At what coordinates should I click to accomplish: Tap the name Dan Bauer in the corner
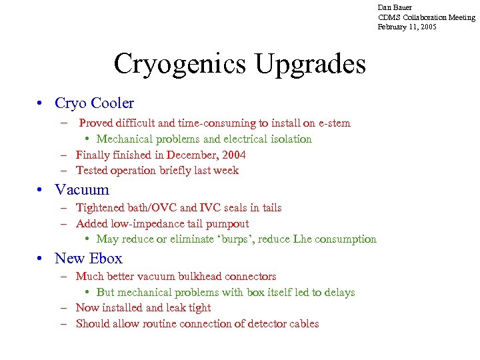click(395, 7)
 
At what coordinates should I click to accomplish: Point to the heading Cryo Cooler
click(94, 103)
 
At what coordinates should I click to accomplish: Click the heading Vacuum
click(82, 189)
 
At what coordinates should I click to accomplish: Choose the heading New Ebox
click(89, 258)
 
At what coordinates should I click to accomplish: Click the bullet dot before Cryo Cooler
click(41, 103)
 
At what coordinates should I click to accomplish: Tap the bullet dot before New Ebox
click(41, 258)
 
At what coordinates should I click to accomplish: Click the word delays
click(338, 292)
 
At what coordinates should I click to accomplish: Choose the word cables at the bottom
click(302, 324)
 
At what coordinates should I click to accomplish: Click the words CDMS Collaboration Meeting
click(427, 17)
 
